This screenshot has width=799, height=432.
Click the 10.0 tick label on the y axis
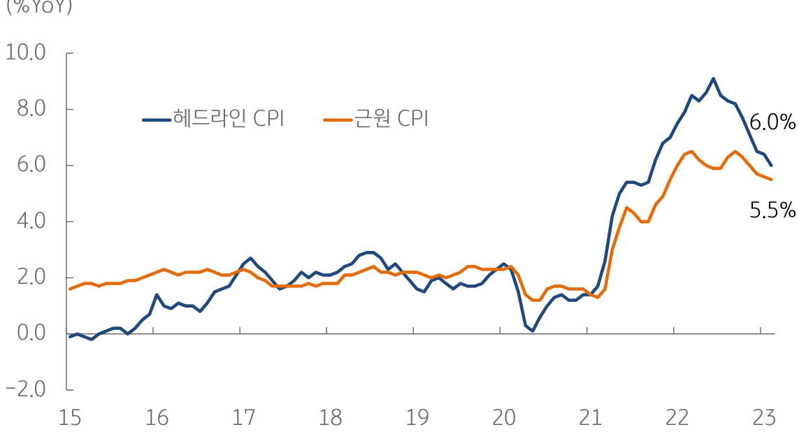pos(25,53)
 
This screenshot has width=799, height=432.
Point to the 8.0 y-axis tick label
pos(27,109)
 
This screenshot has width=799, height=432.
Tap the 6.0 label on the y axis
pos(27,165)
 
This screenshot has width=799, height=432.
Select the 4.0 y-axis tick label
pos(27,221)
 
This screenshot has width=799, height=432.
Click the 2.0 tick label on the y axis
pos(27,278)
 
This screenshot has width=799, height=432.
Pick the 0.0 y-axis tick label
pos(27,333)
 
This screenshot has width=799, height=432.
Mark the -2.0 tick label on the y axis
pos(25,389)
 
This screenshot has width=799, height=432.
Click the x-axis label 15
pos(70,418)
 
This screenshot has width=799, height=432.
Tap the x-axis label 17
pos(243,418)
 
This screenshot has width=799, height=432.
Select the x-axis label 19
pos(417,418)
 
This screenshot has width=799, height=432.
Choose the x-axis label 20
pos(503,418)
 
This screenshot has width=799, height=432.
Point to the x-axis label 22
pos(677,418)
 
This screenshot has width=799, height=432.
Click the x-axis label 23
pos(763,418)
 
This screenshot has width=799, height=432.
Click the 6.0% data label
pos(772,123)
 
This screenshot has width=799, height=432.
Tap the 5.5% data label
pos(772,210)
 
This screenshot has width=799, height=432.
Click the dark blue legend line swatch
pos(157,120)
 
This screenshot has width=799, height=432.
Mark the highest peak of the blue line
pos(713,78)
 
